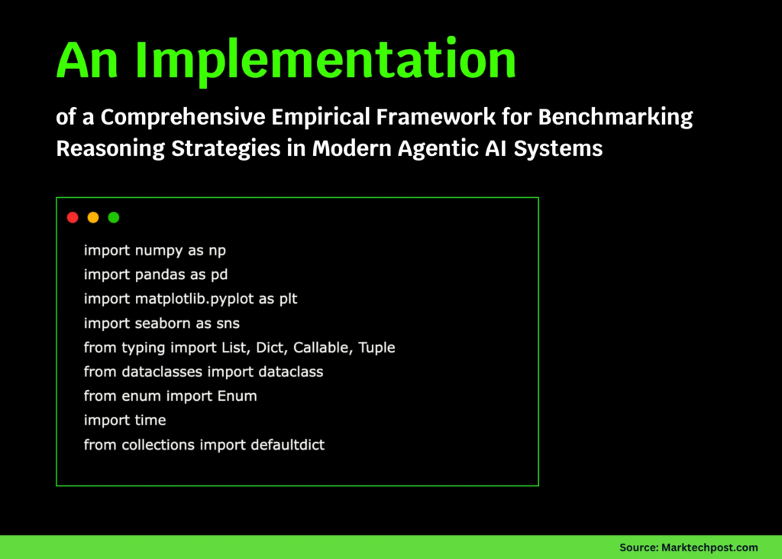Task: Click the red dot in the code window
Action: click(x=73, y=217)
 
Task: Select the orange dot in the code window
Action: click(x=93, y=217)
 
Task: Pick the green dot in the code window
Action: click(x=114, y=217)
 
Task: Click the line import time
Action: click(x=124, y=421)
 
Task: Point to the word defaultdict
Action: click(x=287, y=445)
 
